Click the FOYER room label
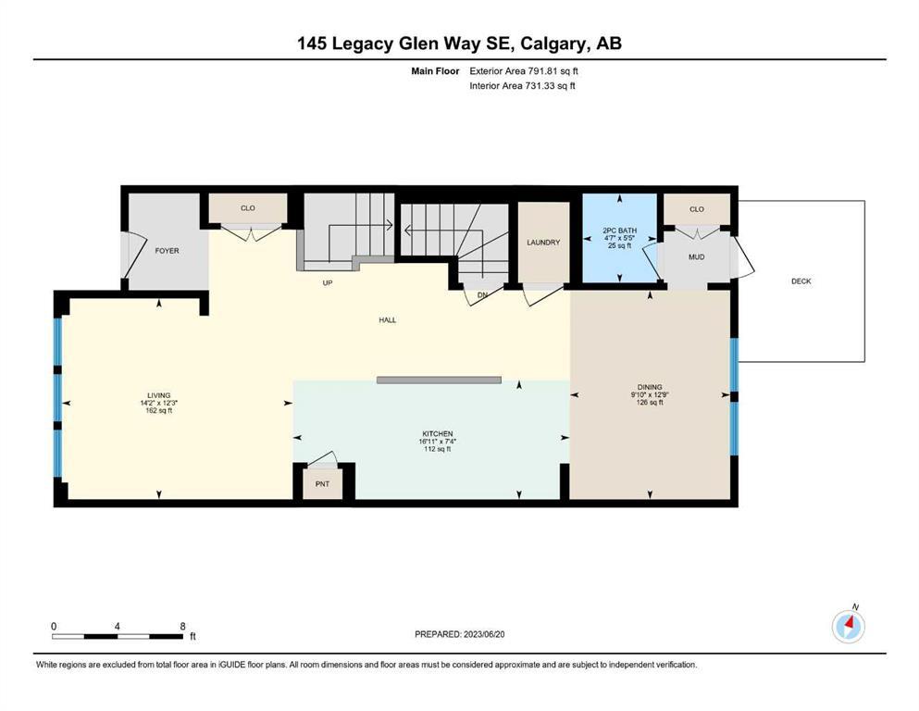[167, 250]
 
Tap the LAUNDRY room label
[543, 242]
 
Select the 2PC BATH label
[619, 231]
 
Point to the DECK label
[801, 281]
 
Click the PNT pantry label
[322, 484]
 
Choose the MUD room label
[696, 256]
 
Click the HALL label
[388, 320]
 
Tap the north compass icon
[849, 626]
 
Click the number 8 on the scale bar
[183, 626]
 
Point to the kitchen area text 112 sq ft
[437, 449]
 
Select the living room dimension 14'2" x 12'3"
[158, 404]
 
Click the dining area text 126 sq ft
[650, 403]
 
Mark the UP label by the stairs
[328, 283]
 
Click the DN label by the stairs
[482, 294]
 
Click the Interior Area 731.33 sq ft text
[522, 85]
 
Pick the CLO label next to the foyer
[248, 208]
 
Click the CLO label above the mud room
[697, 209]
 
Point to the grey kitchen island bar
[439, 380]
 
